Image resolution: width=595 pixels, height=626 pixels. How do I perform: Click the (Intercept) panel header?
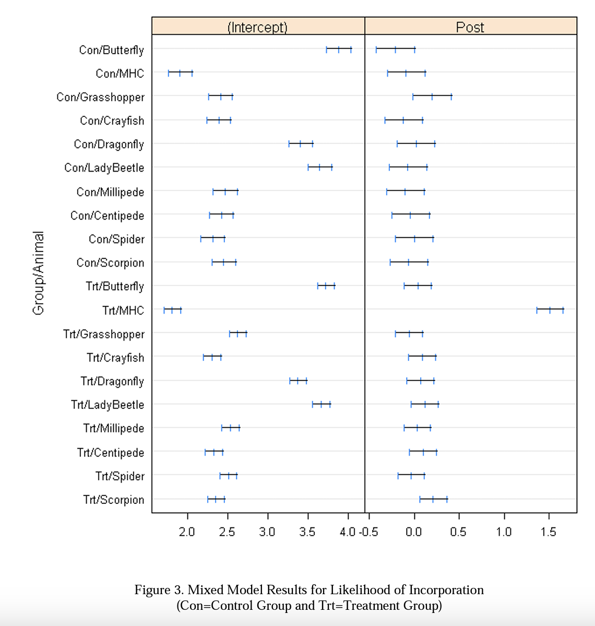[258, 27]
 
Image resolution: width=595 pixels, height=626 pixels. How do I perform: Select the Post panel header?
[470, 27]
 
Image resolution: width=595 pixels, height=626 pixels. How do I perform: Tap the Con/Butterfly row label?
[112, 50]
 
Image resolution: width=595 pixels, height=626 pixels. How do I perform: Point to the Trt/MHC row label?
[123, 310]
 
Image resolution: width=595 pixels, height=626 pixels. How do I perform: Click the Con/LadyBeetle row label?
[104, 168]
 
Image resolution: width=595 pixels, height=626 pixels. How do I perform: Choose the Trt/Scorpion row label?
[114, 500]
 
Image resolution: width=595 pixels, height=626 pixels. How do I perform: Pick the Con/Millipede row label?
[110, 192]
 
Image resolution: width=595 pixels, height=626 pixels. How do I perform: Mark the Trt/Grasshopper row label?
[104, 334]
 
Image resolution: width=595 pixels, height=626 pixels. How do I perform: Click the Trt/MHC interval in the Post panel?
[550, 310]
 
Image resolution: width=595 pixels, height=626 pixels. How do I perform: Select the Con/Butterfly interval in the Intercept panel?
[339, 50]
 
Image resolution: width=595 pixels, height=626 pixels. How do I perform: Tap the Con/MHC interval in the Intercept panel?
[180, 73]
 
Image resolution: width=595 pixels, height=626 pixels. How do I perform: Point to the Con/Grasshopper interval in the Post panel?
[432, 97]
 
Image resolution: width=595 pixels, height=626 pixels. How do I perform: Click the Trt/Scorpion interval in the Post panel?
[433, 500]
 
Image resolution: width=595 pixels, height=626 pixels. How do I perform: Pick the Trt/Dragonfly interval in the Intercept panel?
[298, 381]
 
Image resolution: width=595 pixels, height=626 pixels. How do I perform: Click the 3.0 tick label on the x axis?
[267, 532]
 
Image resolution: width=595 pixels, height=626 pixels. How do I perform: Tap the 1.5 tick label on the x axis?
[549, 532]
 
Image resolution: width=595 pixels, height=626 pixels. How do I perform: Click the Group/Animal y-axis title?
[39, 273]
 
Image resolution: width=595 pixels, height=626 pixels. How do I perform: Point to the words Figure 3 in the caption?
[159, 590]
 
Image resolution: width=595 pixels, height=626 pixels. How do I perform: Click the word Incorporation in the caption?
[446, 590]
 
